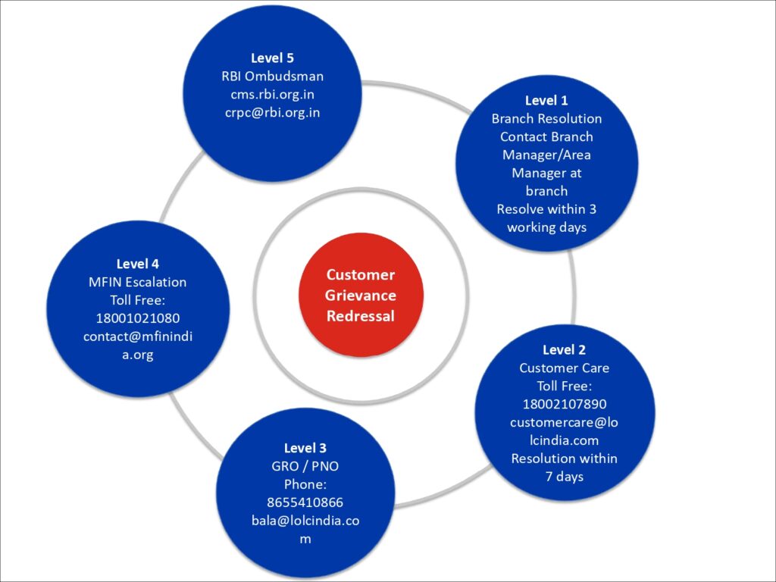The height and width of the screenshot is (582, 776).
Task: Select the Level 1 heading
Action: tap(546, 100)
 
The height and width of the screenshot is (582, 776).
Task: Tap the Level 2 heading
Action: tap(564, 349)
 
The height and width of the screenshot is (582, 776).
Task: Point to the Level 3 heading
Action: tap(305, 448)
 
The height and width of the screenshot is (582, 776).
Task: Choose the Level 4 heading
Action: tap(137, 264)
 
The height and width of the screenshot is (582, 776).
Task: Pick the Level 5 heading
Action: tap(272, 58)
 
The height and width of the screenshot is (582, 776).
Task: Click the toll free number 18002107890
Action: tap(564, 404)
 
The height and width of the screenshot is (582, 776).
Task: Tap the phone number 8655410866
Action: tap(305, 502)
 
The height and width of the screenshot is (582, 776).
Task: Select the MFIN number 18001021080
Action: tap(137, 318)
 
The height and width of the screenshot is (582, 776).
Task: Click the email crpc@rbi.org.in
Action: tap(272, 112)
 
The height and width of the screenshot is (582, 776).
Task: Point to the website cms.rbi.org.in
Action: tap(272, 94)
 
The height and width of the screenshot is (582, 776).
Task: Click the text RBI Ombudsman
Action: tap(272, 76)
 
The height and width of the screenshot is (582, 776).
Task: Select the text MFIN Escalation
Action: tap(137, 282)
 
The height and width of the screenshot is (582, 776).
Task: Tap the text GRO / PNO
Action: tap(305, 466)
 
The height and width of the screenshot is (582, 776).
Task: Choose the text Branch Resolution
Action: tap(546, 118)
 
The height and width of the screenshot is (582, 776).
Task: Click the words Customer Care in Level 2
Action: tap(564, 368)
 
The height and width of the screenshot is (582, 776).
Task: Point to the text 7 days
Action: tap(564, 477)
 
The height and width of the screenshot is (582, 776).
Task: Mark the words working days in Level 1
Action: tap(546, 227)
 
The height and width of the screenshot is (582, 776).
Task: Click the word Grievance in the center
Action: tap(361, 295)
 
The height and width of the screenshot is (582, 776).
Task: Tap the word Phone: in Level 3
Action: tap(305, 484)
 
